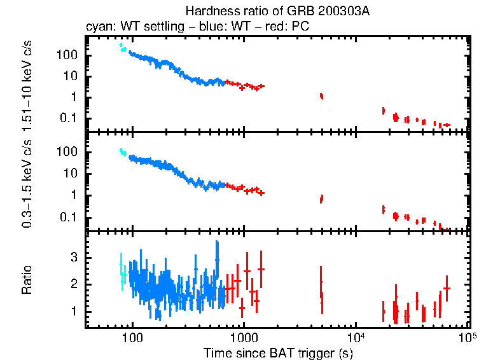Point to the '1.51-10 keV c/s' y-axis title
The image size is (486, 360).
28,82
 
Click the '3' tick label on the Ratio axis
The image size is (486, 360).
74,257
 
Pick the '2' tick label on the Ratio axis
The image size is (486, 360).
74,284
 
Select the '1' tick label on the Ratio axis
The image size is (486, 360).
74,312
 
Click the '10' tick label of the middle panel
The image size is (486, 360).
70,173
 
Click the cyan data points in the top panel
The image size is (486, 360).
122,48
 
